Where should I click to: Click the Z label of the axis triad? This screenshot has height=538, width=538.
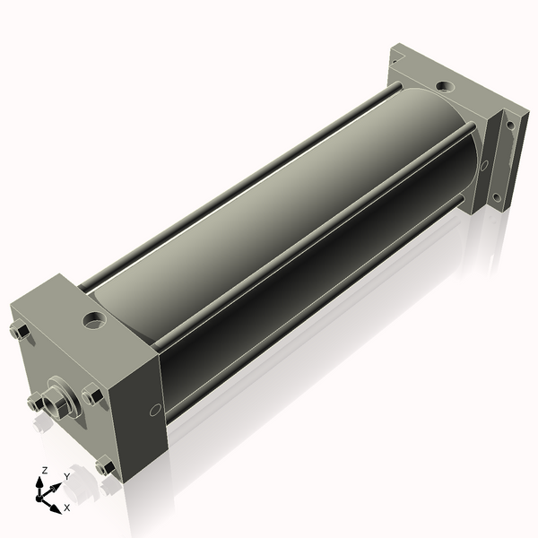coord(44,471)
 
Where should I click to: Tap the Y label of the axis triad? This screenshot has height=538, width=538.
coord(67,477)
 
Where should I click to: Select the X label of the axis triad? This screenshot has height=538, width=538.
coord(67,508)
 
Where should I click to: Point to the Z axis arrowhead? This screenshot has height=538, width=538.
coord(39,482)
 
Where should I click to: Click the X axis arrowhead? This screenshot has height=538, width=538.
coord(56,508)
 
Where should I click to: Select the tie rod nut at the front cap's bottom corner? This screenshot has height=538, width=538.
coord(105,466)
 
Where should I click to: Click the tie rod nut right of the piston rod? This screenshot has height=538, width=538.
coord(92,395)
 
